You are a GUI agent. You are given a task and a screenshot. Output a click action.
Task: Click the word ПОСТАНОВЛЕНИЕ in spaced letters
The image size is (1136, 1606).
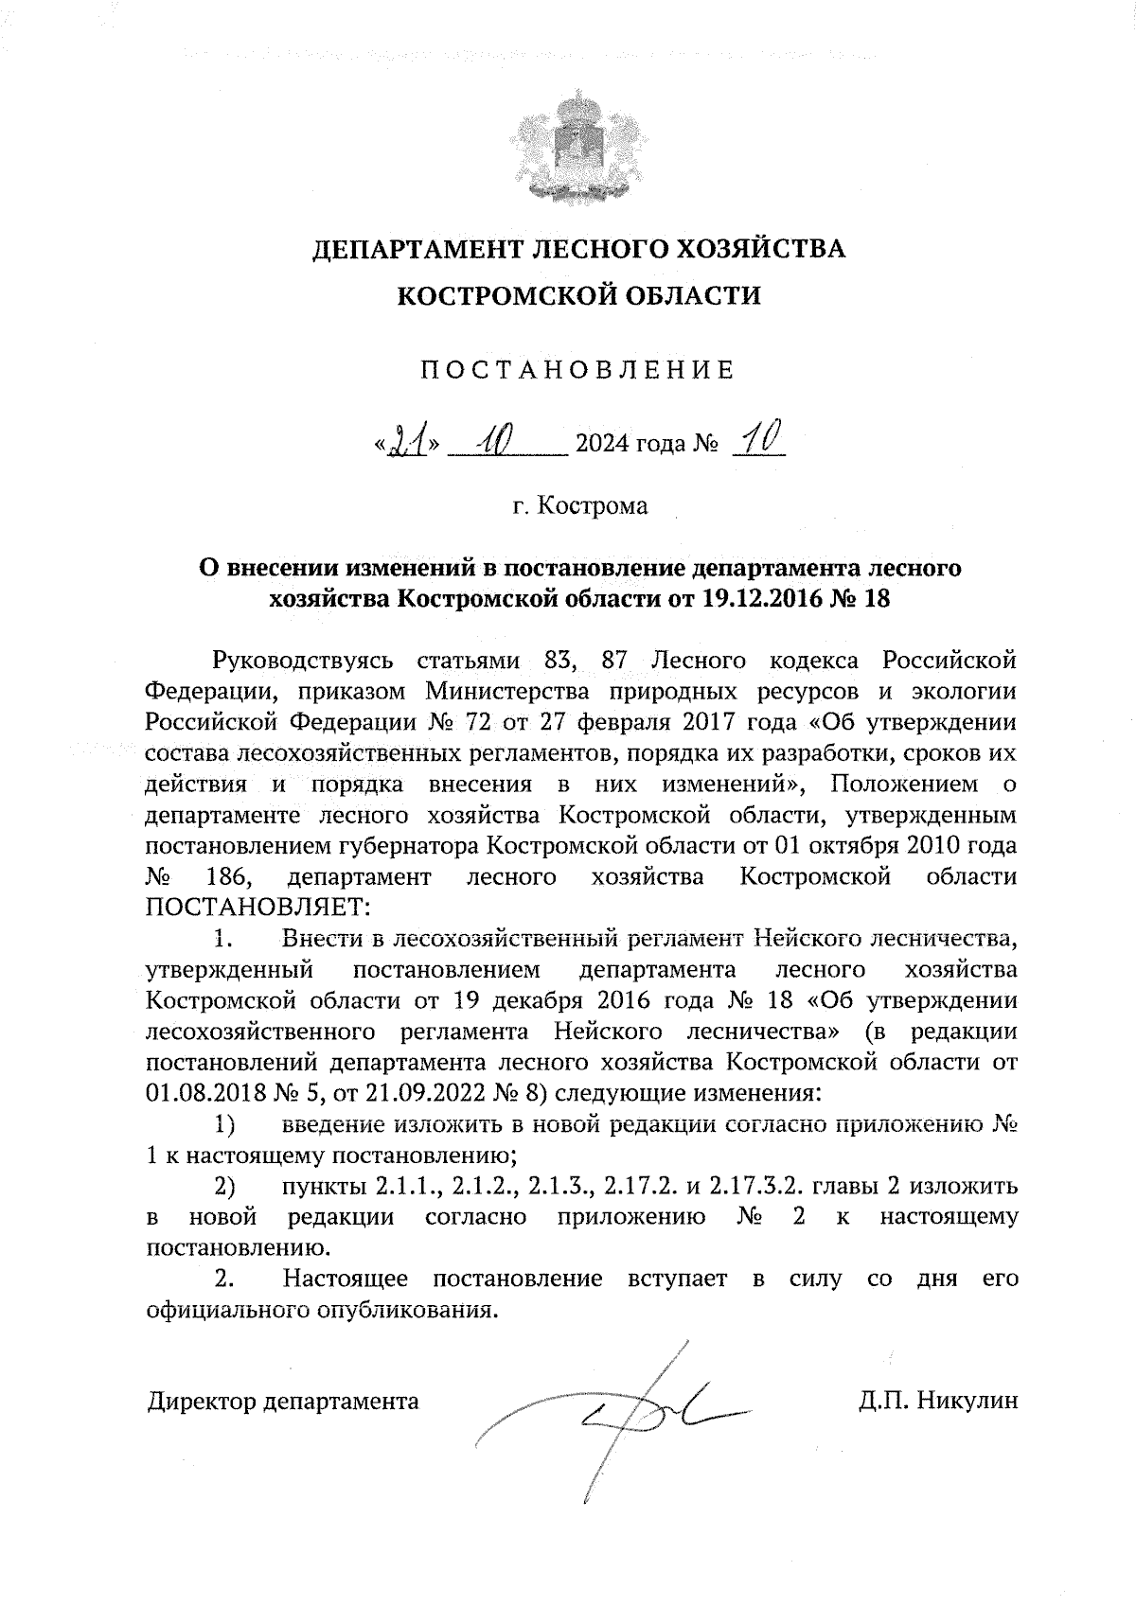(x=577, y=370)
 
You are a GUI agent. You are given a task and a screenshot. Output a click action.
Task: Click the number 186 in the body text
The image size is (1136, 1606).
(x=227, y=877)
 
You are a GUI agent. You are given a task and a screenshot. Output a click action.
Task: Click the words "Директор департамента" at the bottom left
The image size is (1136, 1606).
(x=283, y=1401)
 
